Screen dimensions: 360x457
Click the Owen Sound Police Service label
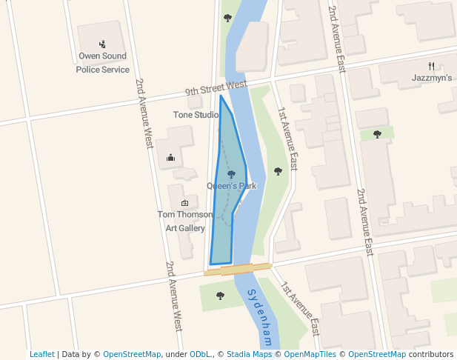pos(102,62)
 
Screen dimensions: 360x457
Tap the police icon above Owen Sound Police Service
pos(102,44)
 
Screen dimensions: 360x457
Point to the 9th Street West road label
pos(216,88)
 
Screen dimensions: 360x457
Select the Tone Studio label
pos(196,115)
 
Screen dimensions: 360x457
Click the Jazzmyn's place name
pos(431,78)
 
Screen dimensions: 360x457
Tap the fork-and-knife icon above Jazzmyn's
pos(431,65)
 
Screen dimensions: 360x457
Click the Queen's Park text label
pos(231,186)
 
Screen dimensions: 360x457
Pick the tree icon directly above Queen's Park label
pos(231,175)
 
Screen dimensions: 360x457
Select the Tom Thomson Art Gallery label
pos(181,221)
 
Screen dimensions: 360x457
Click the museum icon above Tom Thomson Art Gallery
pos(184,203)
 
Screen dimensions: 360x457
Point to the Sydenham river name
pos(260,318)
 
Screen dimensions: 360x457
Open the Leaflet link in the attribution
pos(42,355)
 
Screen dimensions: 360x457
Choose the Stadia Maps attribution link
pos(249,355)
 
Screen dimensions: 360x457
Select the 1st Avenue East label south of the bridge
pos(300,308)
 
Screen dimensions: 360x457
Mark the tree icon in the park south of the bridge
pos(220,296)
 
